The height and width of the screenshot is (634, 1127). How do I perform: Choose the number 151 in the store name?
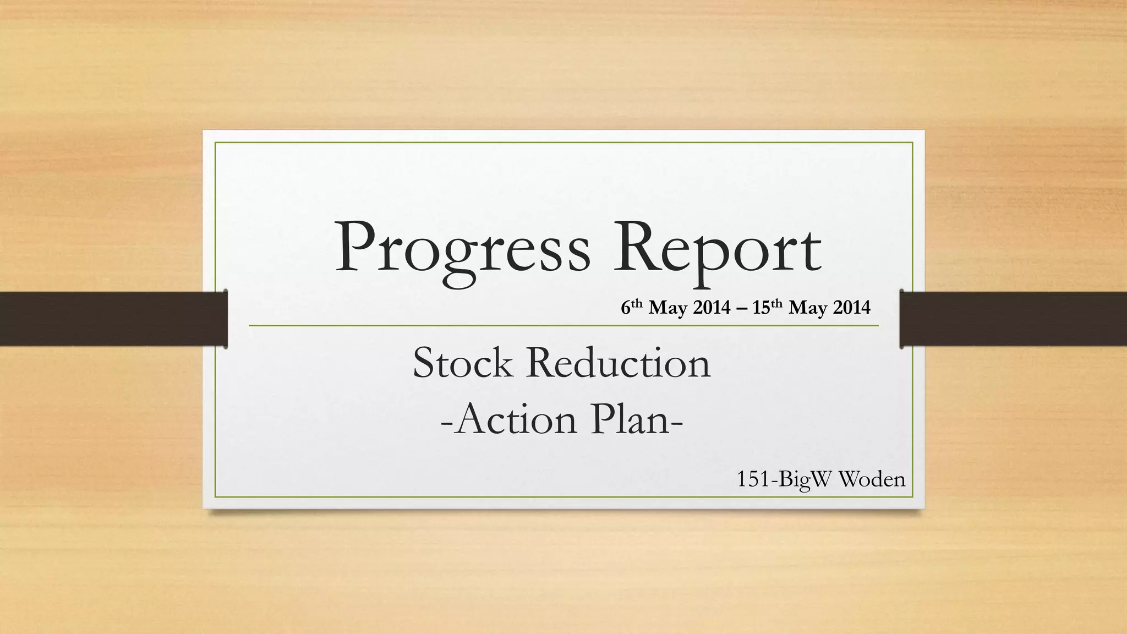(753, 479)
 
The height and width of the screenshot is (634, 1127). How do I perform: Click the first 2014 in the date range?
(712, 307)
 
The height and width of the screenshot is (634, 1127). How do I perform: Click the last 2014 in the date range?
(851, 307)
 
